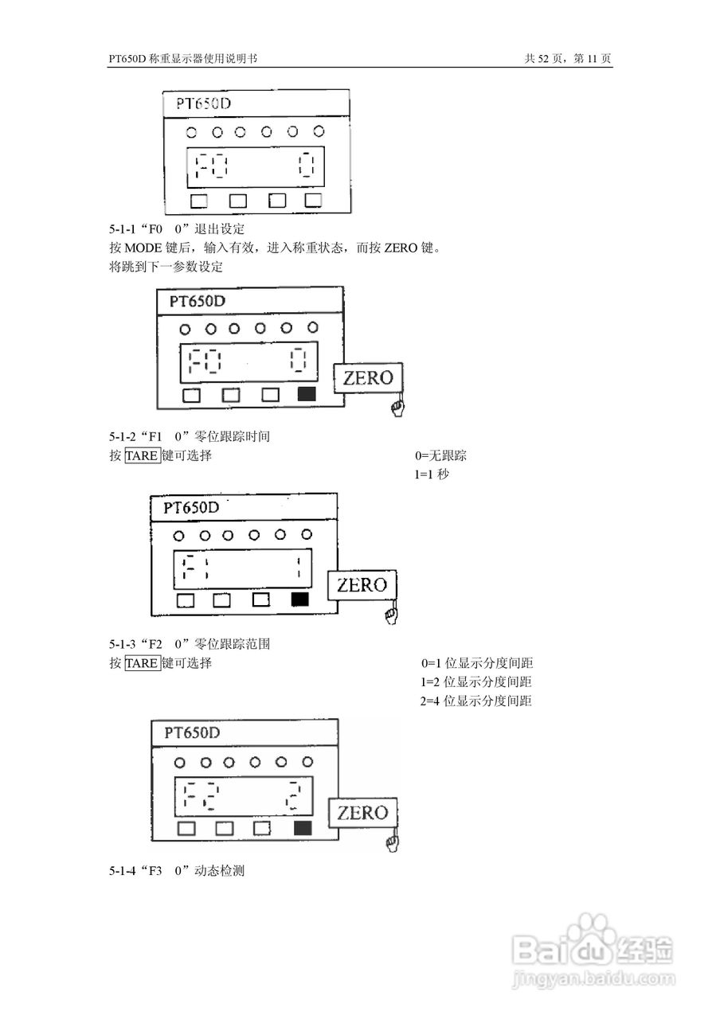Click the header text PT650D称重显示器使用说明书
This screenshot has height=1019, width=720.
182,59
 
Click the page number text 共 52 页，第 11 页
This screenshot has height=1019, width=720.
568,59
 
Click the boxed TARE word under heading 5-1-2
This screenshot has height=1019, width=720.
143,456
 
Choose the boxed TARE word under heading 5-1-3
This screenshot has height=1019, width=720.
143,663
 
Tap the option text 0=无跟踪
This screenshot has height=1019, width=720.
440,456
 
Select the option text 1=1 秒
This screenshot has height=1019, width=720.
432,475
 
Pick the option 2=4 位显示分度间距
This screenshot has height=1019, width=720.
476,701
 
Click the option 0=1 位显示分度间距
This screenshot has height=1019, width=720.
476,663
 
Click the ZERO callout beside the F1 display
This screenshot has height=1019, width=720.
362,586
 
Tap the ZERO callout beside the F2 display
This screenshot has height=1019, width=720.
362,813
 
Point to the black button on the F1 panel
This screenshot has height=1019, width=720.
300,600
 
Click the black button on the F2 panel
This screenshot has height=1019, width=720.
302,829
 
